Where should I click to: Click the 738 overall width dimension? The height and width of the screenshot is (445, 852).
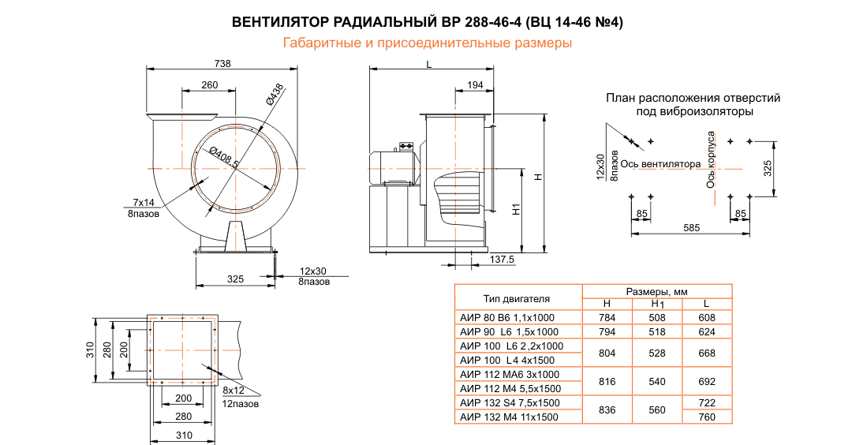(x=222, y=64)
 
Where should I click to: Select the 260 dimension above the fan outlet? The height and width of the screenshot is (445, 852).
(x=209, y=84)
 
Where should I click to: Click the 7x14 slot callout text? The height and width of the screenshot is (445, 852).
(x=144, y=203)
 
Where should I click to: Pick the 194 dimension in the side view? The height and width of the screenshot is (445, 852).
(x=475, y=84)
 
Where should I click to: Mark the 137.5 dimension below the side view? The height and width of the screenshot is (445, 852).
(x=502, y=259)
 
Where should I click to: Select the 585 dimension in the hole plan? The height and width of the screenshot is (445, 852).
(x=691, y=228)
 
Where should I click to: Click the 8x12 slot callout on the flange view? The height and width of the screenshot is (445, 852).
(x=234, y=391)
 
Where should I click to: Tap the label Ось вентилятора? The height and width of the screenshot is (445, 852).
(x=660, y=164)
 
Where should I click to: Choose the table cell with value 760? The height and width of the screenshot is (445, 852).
(x=707, y=417)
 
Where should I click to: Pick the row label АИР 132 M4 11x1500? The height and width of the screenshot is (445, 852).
(x=509, y=417)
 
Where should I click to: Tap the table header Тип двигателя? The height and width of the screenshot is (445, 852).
(x=517, y=298)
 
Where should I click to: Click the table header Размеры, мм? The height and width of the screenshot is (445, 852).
(x=656, y=291)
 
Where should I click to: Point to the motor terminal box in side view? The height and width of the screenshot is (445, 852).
(x=407, y=146)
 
